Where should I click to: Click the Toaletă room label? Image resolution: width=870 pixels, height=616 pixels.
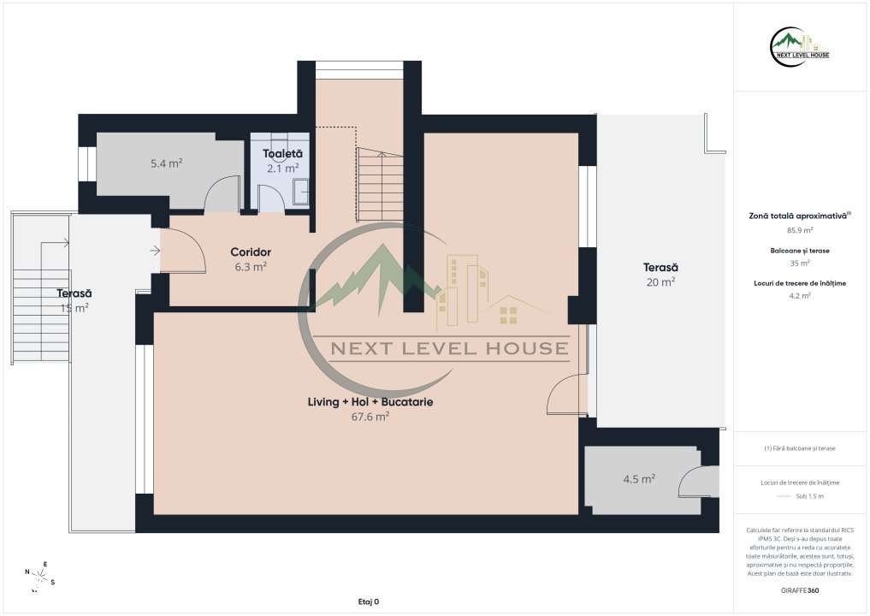(282, 154)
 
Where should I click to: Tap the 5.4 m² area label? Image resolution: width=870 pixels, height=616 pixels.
(166, 163)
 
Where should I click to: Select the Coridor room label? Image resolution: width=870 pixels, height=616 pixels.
(251, 252)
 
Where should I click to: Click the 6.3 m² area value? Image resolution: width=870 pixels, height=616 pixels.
(251, 266)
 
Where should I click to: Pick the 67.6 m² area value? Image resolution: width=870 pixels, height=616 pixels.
(370, 417)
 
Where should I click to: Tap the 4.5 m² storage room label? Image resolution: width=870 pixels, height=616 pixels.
(639, 479)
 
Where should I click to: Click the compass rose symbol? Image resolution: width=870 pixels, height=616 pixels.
(39, 574)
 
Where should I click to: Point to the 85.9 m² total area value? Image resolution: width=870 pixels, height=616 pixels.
(799, 230)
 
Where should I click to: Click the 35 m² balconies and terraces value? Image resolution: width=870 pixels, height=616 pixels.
(799, 263)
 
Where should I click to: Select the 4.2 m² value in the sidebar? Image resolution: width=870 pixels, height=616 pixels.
(799, 295)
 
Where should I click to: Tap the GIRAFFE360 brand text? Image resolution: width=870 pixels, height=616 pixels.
(800, 590)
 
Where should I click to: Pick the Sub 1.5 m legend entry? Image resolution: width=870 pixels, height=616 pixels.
(799, 496)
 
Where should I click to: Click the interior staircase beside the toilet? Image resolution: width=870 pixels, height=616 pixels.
(379, 184)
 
